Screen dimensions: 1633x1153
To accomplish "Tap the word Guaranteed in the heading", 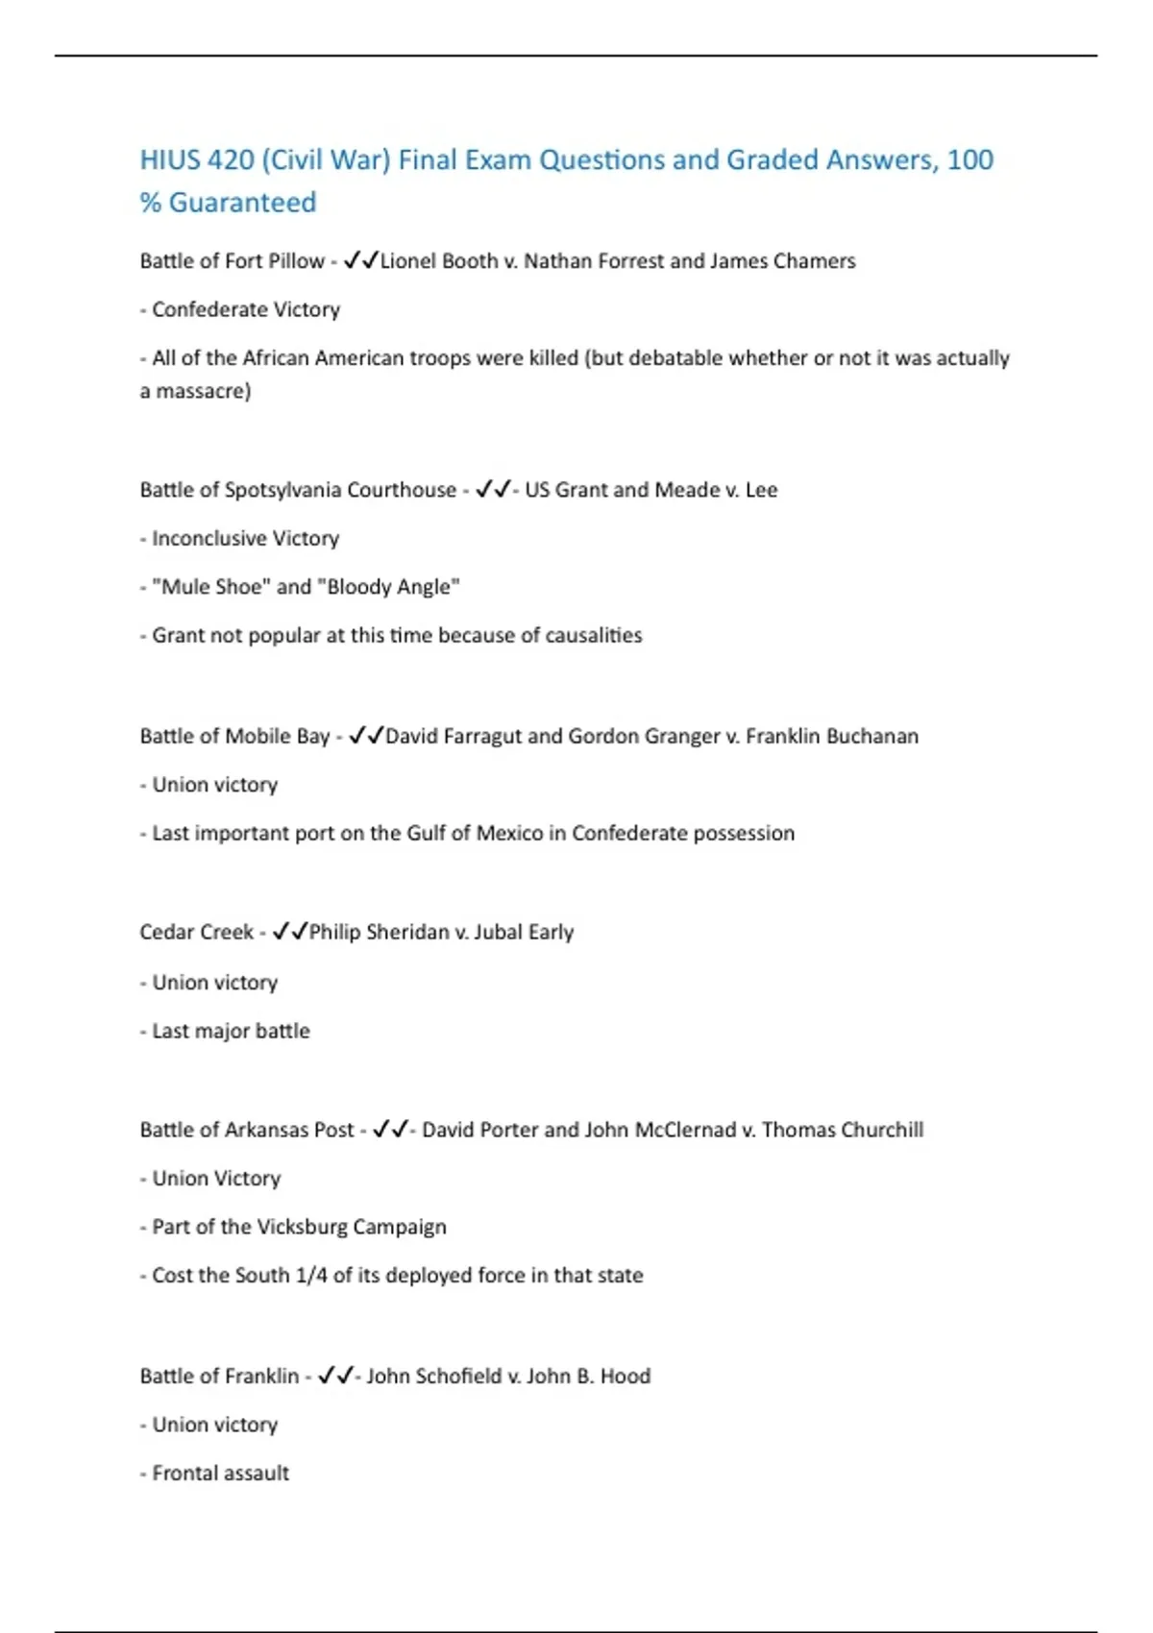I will click(242, 203).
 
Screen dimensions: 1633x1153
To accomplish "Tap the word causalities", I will click(593, 635).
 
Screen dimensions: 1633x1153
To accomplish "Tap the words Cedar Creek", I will click(196, 933).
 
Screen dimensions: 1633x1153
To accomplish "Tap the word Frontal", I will click(186, 1474).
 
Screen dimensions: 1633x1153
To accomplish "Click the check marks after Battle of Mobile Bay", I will click(365, 736).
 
